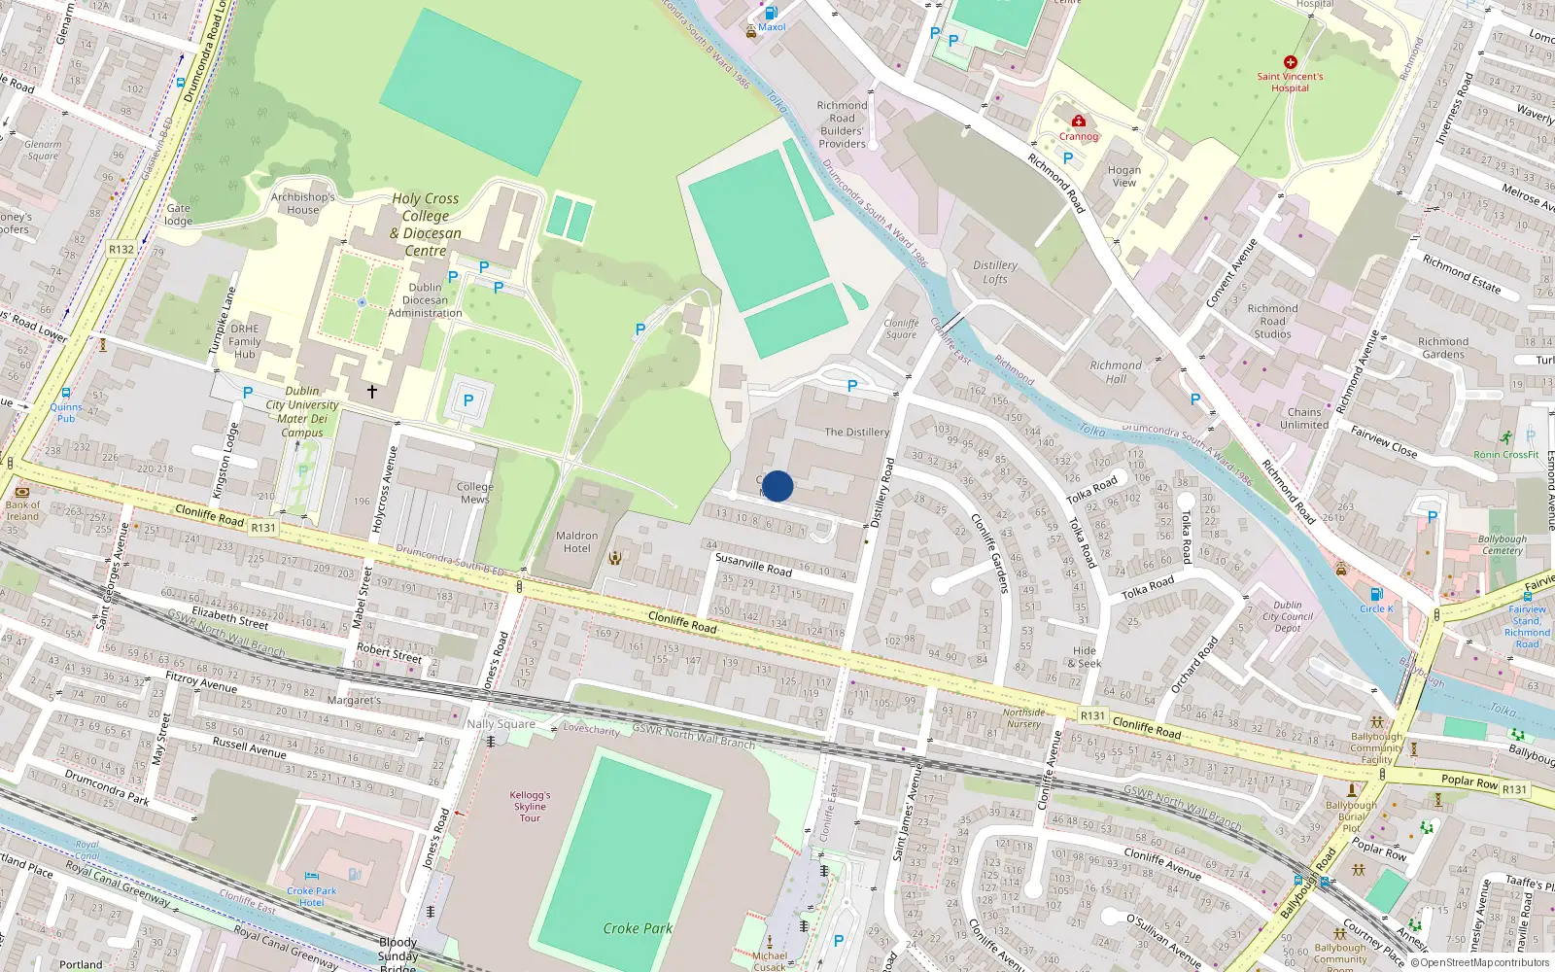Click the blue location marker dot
tap(777, 486)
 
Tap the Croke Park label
tap(638, 928)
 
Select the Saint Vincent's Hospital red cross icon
tap(1290, 62)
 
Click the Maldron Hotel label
tap(576, 542)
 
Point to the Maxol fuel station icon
tap(771, 14)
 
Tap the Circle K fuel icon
tap(1376, 594)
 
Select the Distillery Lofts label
tap(995, 272)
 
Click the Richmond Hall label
tap(1116, 372)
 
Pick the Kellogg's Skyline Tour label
tap(530, 807)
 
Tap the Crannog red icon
tap(1078, 121)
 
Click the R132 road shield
tap(121, 250)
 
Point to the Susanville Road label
tap(753, 565)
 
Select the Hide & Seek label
tap(1085, 657)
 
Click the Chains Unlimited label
tap(1304, 418)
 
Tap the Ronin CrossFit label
tap(1506, 455)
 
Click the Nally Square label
tap(501, 724)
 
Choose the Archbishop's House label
tap(302, 203)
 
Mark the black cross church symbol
tap(371, 392)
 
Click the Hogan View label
tap(1124, 176)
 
